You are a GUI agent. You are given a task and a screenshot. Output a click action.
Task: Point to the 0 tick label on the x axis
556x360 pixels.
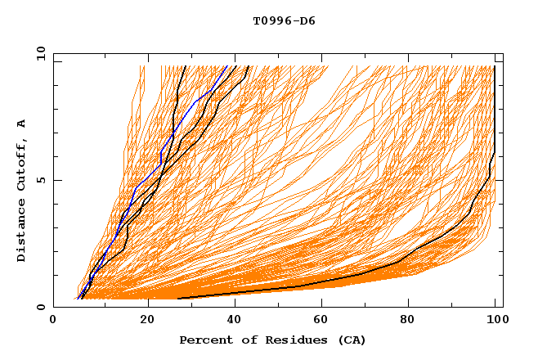[54, 321]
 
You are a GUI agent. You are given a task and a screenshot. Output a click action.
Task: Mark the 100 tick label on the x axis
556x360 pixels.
[495, 321]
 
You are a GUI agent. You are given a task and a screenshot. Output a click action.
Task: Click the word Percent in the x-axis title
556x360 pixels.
[202, 340]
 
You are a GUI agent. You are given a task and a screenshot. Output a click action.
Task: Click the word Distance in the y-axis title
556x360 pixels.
[22, 232]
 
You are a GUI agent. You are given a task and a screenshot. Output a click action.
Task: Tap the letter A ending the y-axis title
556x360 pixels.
[22, 124]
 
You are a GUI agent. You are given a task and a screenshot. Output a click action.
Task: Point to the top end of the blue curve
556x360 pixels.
[228, 66]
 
